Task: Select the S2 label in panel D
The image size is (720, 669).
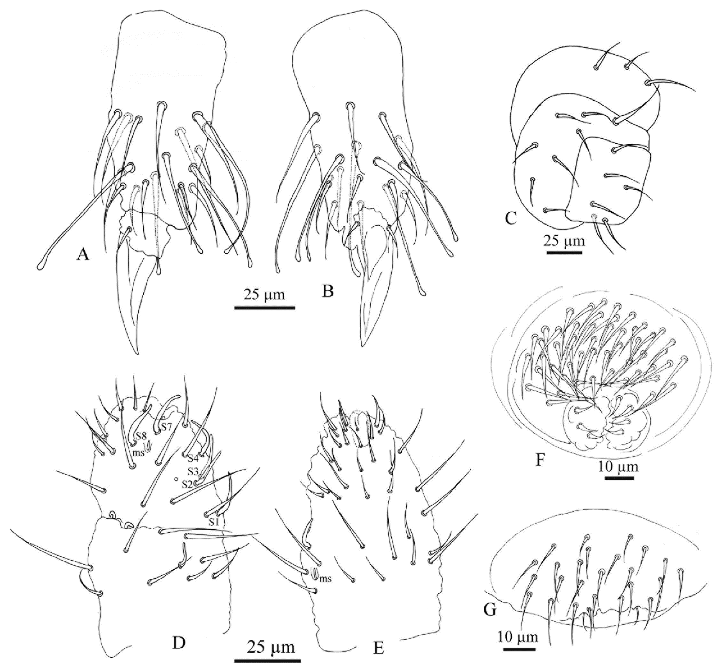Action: (x=187, y=485)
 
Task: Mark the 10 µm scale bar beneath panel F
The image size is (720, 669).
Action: (x=619, y=478)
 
